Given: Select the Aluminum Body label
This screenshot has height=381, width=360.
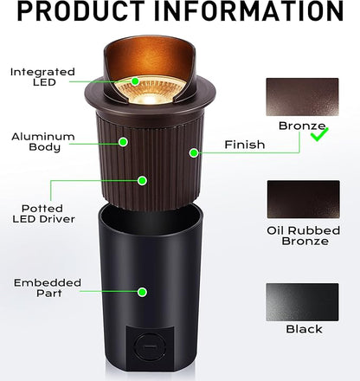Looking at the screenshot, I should tap(42, 143).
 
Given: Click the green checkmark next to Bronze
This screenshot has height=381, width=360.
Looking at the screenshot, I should tap(319, 133).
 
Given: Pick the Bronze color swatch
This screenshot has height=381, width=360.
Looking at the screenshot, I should tap(302, 98).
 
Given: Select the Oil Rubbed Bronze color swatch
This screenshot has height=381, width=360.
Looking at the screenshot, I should tap(302, 198).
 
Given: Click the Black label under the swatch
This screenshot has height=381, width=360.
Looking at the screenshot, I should tap(303, 329).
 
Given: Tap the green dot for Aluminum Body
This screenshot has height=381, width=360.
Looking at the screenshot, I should tap(124, 141).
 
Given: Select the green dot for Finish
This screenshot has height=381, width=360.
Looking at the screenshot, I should tap(193, 152).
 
